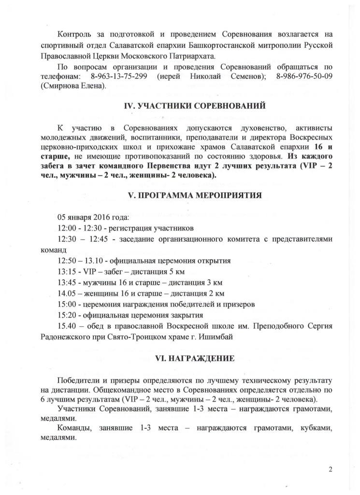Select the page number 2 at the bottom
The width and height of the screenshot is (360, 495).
coord(331,469)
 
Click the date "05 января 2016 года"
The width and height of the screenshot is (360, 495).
coord(92,217)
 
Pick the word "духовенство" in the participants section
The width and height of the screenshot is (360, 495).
coord(248,128)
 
